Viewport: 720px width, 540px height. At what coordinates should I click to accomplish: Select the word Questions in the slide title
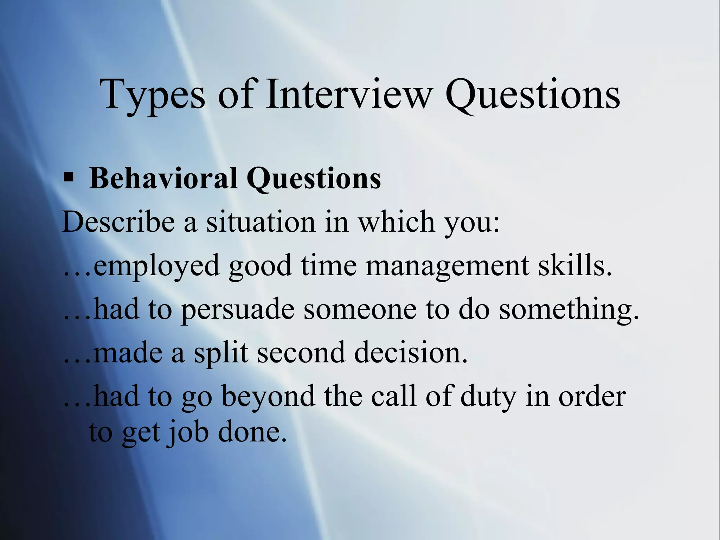532,94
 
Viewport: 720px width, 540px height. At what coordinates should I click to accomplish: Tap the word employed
157,266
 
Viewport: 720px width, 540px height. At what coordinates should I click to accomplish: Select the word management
447,266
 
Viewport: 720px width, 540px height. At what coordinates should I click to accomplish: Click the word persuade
238,309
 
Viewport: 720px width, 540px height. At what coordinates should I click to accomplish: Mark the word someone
360,309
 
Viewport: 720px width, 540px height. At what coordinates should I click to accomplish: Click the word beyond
268,397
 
